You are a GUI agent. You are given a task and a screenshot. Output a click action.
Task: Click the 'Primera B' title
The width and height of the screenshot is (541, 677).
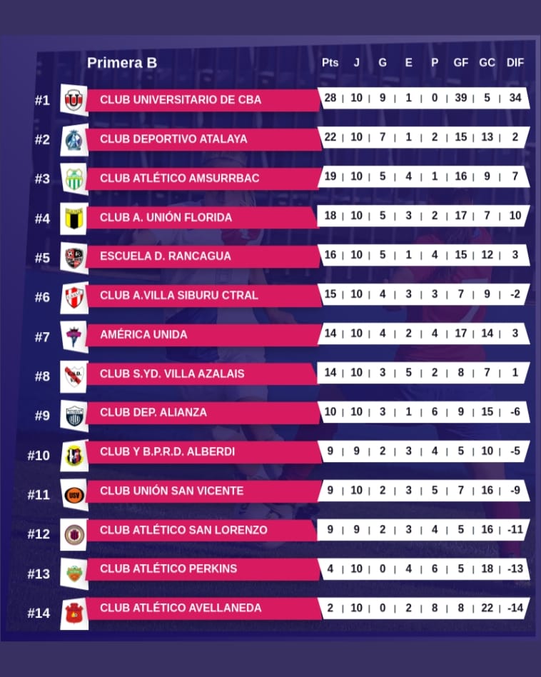click(x=122, y=63)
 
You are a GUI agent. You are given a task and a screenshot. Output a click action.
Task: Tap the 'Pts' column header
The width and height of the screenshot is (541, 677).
click(x=330, y=63)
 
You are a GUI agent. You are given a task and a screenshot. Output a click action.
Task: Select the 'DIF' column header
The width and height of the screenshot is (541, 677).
click(x=515, y=63)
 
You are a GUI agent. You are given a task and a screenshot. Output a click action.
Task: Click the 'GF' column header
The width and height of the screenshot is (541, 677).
click(x=461, y=63)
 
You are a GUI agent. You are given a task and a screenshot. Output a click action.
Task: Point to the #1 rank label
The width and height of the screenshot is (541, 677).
click(x=42, y=101)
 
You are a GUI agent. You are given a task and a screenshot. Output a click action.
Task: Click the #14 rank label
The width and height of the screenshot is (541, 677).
click(x=39, y=613)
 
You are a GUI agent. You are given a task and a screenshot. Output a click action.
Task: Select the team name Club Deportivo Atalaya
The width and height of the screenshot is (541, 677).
click(x=173, y=139)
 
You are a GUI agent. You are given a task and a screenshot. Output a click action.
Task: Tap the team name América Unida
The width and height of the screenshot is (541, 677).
click(x=143, y=334)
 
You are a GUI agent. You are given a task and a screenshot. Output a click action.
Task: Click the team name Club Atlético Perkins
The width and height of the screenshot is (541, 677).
click(x=168, y=568)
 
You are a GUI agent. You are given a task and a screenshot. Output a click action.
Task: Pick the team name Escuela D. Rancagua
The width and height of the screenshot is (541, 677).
click(x=166, y=256)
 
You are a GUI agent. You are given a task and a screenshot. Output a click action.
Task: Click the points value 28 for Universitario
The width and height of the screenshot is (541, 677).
click(x=330, y=97)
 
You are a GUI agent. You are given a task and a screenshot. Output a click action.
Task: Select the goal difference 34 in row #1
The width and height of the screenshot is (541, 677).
click(x=515, y=97)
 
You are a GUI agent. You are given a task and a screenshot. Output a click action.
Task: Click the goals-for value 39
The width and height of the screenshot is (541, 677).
click(x=461, y=97)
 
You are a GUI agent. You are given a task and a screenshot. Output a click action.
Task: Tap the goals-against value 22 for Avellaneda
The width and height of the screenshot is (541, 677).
click(x=487, y=607)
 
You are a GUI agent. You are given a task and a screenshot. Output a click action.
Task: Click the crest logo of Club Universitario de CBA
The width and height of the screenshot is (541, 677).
click(x=74, y=100)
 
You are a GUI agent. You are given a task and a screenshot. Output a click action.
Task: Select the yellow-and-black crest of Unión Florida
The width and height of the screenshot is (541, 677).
click(x=74, y=217)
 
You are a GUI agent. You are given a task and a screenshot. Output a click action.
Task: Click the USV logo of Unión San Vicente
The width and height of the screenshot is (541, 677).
click(x=74, y=494)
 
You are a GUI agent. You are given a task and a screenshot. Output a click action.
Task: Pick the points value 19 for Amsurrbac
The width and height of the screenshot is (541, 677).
click(x=330, y=176)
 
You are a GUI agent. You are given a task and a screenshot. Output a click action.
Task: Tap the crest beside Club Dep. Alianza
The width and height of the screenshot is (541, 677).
click(x=74, y=416)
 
